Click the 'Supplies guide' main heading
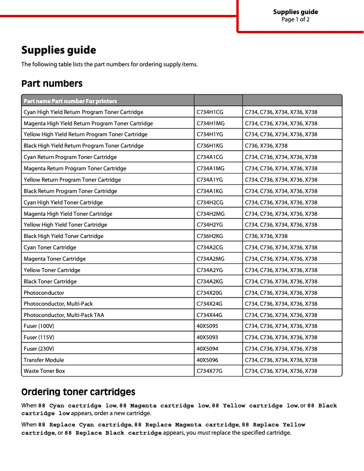coord(59,50)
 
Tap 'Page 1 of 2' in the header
coord(295,20)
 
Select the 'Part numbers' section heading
coord(52,84)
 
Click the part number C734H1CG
coord(210,112)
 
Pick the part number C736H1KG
coord(210,146)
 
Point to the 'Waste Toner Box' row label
coord(44,371)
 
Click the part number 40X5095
coord(207,326)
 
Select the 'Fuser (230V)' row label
coord(39,349)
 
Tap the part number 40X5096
coord(207,360)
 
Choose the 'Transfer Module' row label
coord(44,360)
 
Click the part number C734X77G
coord(210,371)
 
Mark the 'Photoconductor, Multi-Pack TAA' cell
coord(64,315)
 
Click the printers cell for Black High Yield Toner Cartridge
coord(266,236)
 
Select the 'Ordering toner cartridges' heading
coord(78,392)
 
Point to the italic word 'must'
coord(204,433)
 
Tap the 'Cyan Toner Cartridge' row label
coord(50,248)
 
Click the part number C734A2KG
coord(210,282)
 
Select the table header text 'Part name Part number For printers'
coord(70,101)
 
